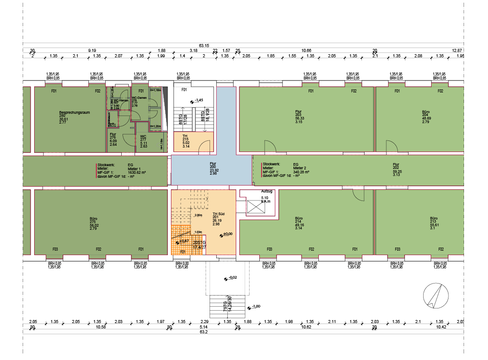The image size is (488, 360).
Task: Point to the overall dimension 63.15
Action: coord(204,45)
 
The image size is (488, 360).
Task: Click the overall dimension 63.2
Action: coord(204,332)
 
